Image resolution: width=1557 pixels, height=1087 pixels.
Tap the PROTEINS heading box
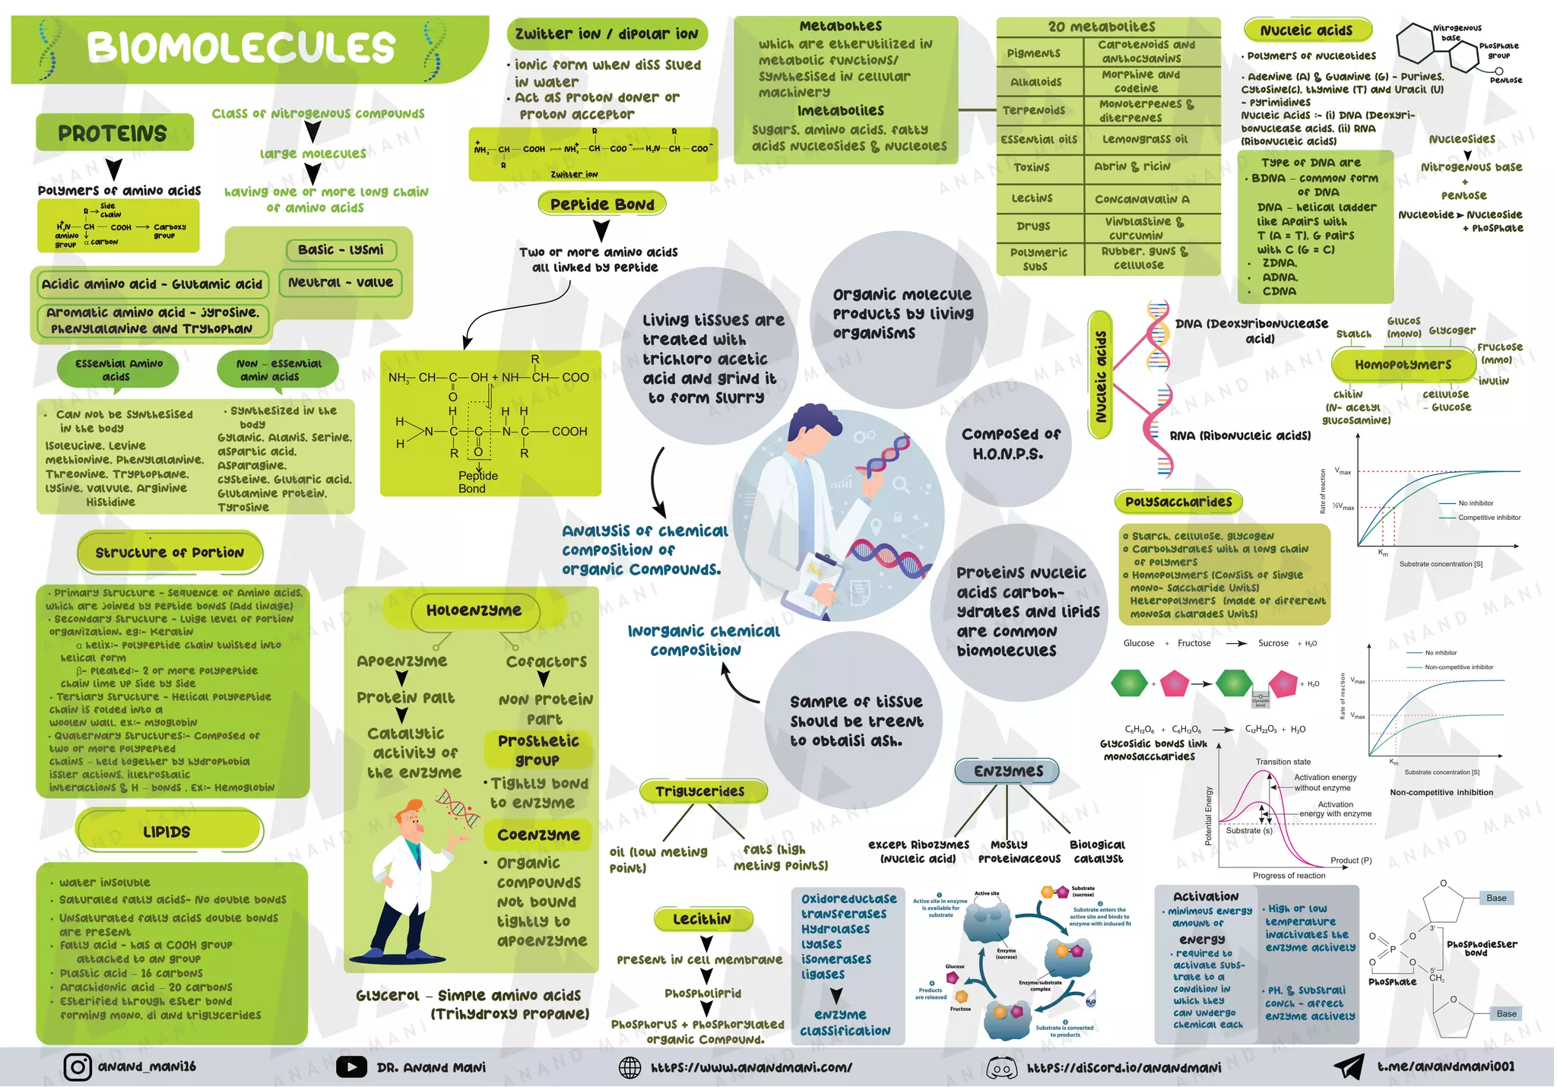click(113, 134)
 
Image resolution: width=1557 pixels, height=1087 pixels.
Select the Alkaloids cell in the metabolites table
click(1036, 82)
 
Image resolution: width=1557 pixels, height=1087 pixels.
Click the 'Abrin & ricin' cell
click(1132, 166)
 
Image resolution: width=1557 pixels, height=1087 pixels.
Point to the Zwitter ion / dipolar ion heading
click(606, 34)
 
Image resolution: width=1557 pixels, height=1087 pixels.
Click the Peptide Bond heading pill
click(602, 204)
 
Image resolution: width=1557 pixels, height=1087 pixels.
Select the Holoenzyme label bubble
click(474, 610)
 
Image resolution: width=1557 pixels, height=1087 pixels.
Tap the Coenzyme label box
click(538, 835)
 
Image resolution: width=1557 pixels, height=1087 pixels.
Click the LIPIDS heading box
click(168, 832)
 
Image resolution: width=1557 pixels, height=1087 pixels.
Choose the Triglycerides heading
click(700, 791)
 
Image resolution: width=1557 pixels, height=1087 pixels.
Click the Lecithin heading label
click(702, 919)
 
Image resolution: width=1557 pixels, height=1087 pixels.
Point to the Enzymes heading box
click(1008, 771)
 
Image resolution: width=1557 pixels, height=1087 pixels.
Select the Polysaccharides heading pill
click(1178, 502)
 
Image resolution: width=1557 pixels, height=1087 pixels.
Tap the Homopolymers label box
click(1403, 365)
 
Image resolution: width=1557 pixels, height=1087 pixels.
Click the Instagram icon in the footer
click(77, 1067)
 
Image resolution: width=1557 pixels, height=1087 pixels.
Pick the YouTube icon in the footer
click(350, 1067)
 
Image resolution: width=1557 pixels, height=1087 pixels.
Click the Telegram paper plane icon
click(1349, 1066)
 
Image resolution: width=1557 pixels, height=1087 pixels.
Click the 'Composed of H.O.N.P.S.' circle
click(1010, 444)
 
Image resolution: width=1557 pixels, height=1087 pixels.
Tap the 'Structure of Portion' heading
click(170, 553)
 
